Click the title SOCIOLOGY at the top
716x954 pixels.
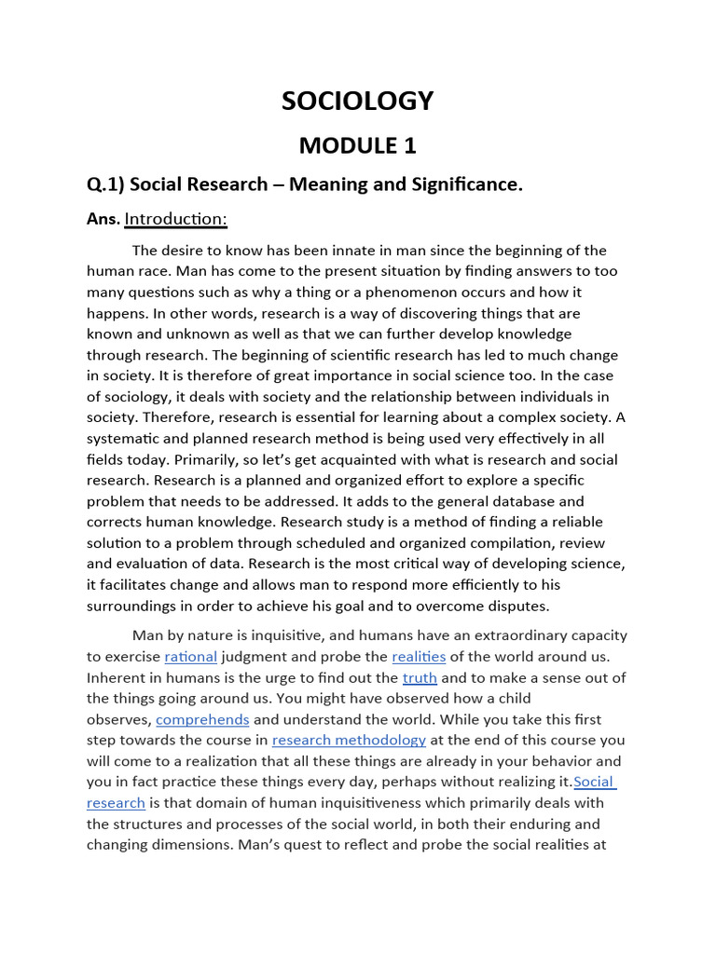coord(358,101)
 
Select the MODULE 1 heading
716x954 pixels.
coord(358,145)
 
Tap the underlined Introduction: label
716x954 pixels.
coord(176,219)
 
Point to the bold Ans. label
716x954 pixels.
coord(103,219)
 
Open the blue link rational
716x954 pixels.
coord(190,656)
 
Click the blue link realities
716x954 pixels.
coord(419,656)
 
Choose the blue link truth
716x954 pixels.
coord(420,677)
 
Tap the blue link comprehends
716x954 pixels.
coord(202,719)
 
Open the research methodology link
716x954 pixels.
coord(349,740)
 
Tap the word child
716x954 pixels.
coord(511,698)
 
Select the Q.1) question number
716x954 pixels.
coord(104,184)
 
